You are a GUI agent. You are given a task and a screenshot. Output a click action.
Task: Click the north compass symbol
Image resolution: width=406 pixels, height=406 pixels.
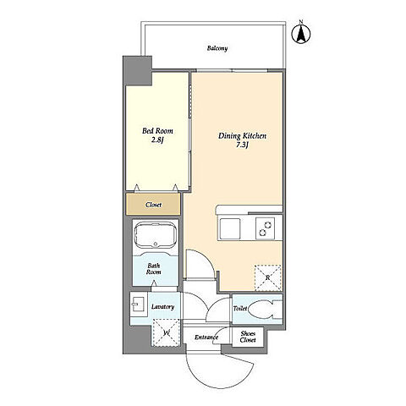point(301,34)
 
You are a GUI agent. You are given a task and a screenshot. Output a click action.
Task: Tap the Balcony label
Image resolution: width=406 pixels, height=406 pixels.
point(217,48)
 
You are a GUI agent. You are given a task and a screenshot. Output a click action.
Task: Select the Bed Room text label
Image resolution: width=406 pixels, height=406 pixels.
point(157,131)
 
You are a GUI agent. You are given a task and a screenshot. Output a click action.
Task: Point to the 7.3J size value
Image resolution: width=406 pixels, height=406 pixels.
point(242,145)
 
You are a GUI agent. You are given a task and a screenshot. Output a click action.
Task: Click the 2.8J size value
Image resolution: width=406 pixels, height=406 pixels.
point(157,140)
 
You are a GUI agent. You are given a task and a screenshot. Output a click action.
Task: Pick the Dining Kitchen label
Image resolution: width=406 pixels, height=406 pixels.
point(242,136)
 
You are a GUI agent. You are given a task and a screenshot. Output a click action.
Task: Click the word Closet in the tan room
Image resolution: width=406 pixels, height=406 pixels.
point(154,205)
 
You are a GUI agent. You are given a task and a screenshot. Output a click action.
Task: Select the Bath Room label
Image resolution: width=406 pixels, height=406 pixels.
point(154,269)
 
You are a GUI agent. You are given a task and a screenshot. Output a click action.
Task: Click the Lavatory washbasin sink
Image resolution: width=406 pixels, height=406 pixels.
point(138,304)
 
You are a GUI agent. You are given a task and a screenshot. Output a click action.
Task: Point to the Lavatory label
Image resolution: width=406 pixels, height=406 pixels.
point(162,307)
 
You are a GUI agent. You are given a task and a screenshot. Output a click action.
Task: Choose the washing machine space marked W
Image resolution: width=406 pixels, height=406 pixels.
point(166,332)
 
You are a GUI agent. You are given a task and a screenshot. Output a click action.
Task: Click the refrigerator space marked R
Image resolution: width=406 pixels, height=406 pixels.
point(268,278)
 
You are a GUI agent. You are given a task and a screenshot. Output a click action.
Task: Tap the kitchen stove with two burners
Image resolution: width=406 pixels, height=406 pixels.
point(266,228)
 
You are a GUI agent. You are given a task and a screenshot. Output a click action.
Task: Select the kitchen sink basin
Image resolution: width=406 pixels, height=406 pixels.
point(230,228)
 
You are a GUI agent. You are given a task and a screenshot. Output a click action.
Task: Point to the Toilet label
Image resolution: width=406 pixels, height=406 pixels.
point(240,309)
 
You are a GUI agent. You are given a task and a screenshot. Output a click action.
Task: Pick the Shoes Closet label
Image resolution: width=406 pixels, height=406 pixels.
point(248,337)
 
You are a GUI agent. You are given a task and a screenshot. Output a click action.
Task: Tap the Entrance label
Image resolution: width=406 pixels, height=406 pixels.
point(206,337)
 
